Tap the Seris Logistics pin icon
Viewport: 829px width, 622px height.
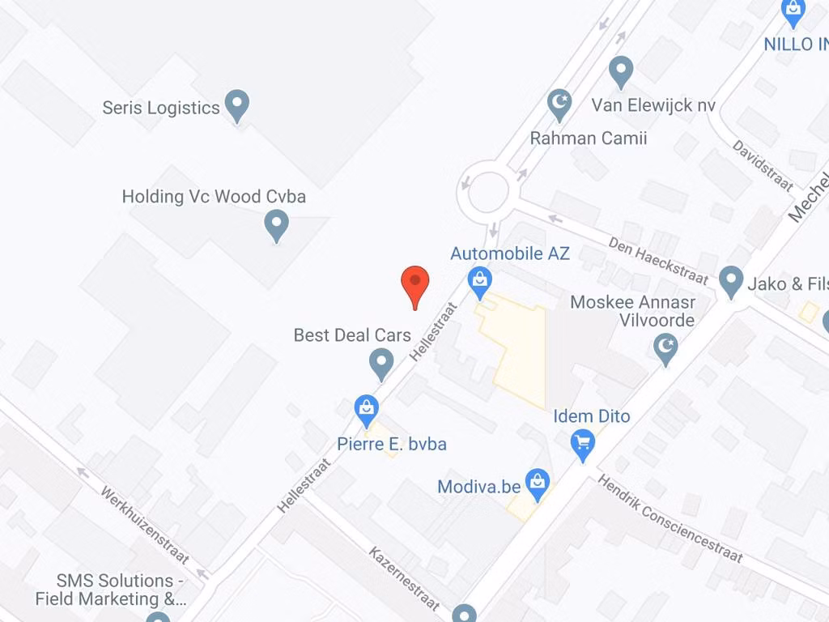236,104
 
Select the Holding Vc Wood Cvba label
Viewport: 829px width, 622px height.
214,196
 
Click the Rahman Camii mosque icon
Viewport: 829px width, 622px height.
559,104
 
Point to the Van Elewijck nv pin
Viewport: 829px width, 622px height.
621,70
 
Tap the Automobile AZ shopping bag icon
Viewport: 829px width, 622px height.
480,282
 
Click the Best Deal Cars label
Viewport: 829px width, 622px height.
352,334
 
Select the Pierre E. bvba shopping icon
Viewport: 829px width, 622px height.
368,409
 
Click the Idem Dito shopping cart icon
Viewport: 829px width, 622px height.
583,443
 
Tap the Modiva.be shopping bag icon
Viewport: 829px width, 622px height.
536,484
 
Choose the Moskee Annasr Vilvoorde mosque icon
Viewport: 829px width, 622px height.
665,349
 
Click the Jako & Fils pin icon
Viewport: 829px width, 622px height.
731,281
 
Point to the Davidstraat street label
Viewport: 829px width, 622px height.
763,165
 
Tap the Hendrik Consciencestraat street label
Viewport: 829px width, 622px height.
670,519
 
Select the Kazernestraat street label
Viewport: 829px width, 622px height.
405,579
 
